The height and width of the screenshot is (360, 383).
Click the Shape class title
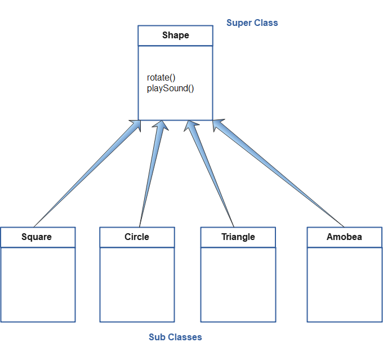click(x=175, y=35)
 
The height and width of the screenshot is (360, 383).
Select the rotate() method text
click(x=162, y=78)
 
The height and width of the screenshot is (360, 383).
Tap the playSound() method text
click(x=170, y=88)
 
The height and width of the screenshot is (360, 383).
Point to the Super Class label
click(x=252, y=23)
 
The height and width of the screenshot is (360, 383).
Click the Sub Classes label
click(x=175, y=337)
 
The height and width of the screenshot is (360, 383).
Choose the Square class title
click(x=37, y=237)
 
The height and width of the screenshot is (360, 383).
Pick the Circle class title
click(x=137, y=237)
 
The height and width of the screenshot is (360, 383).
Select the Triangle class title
click(x=238, y=237)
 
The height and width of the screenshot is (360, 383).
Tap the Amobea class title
click(x=344, y=237)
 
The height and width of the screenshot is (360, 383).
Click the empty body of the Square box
click(x=38, y=285)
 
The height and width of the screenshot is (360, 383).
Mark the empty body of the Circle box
click(x=137, y=285)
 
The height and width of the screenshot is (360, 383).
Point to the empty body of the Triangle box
click(x=238, y=285)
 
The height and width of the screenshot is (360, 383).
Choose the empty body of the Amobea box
click(x=344, y=285)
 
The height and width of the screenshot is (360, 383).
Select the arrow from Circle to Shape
click(x=151, y=175)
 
